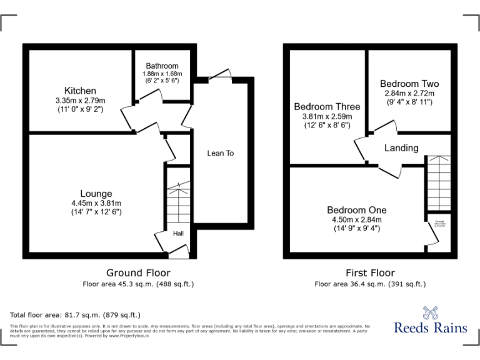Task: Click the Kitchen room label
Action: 80,91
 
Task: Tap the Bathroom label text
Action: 162,66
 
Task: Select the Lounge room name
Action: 96,194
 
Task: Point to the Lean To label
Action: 220,153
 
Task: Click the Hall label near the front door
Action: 178,234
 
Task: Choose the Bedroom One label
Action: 357,210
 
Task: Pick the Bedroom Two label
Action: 409,84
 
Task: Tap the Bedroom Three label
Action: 327,107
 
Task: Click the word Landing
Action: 401,148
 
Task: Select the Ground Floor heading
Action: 138,273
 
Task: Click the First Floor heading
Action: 370,273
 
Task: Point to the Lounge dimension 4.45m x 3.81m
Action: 96,203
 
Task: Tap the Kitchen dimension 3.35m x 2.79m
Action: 80,101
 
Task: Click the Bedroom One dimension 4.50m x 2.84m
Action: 357,219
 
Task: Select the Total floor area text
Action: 76,315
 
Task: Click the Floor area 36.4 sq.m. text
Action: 370,284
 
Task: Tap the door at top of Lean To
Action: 219,74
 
